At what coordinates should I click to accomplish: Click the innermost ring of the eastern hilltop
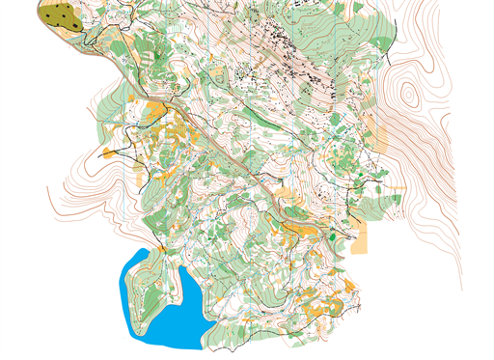[410, 95]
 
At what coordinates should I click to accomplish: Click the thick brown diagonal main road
[222, 145]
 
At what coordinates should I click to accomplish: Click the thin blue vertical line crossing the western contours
[126, 203]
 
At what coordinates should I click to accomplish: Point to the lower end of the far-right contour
[462, 286]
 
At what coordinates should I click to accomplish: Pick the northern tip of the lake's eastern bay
[181, 268]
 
